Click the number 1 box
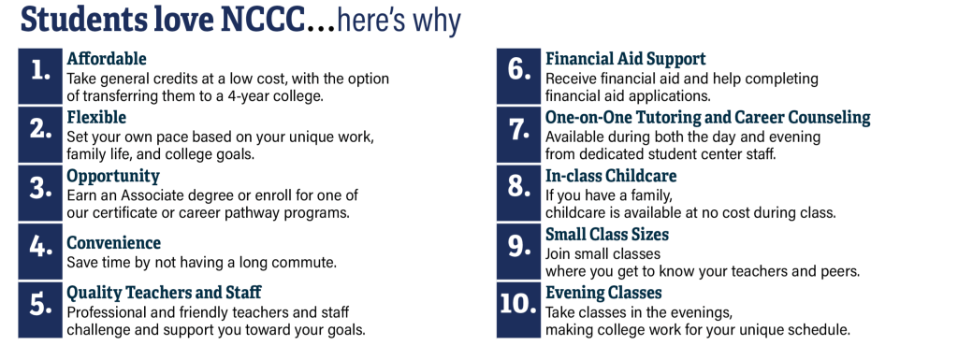point(40,77)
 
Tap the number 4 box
point(40,252)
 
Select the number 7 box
point(518,135)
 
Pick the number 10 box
point(518,310)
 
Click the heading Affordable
point(107,59)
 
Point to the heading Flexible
point(96,117)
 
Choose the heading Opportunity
point(113,177)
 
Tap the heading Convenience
point(113,242)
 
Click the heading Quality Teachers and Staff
point(165,293)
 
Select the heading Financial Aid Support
point(626,59)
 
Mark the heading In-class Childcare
point(611,176)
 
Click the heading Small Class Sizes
point(607,235)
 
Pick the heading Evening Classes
point(603,293)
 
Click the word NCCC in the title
point(262,21)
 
